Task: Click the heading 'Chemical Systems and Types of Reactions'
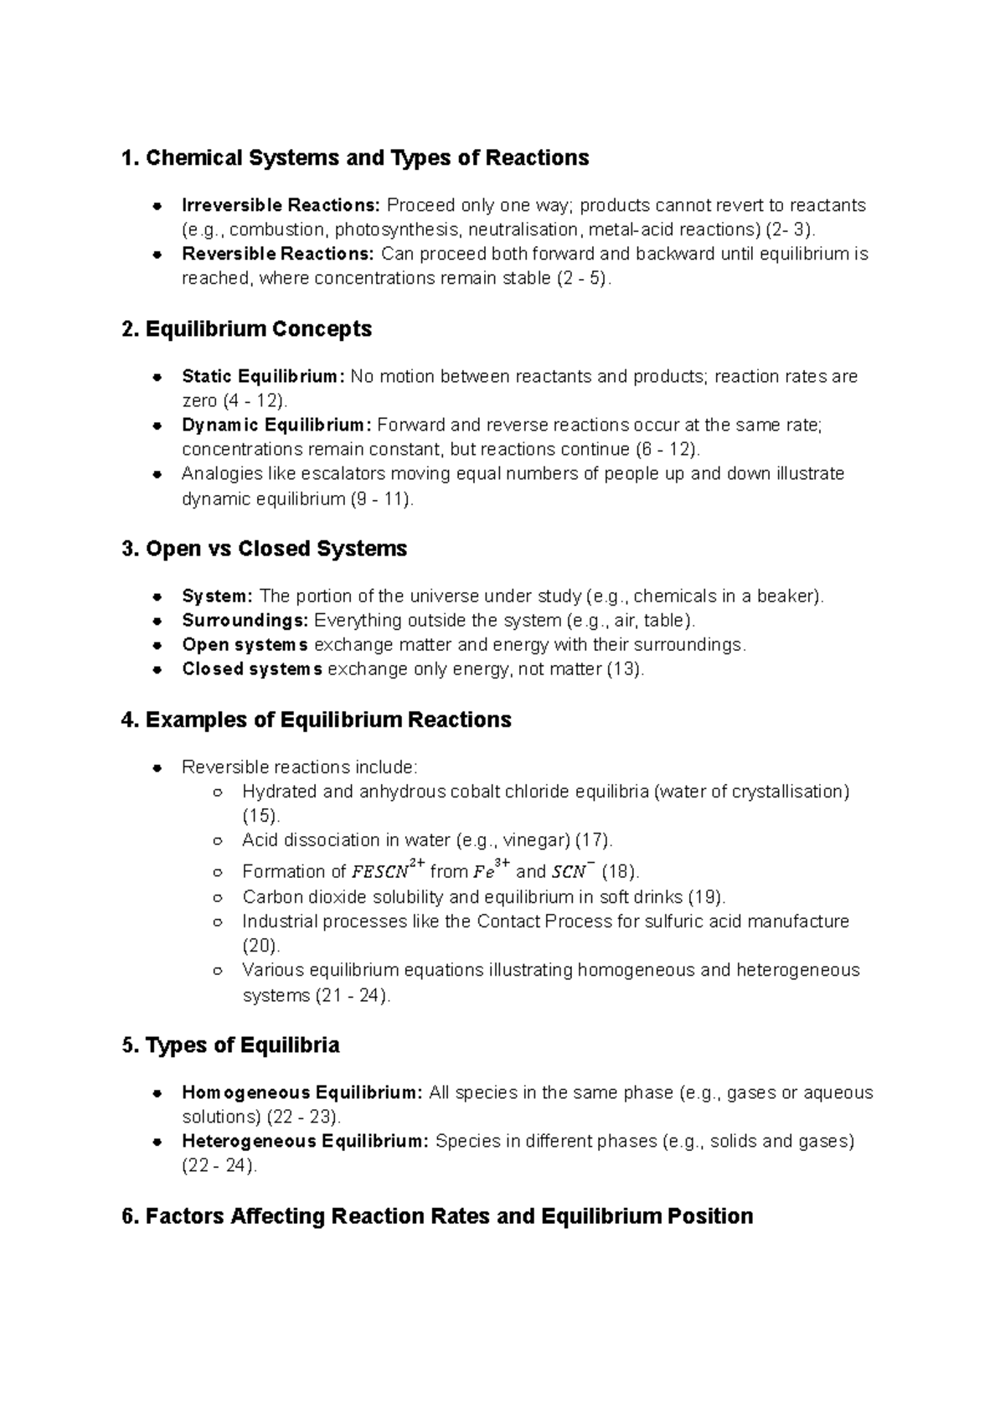[x=367, y=157]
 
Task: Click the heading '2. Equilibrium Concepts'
[x=246, y=328]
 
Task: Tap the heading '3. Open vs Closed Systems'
[x=264, y=549]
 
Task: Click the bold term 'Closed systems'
[x=252, y=669]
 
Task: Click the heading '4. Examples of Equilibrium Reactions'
[x=316, y=720]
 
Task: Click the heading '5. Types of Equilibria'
[x=230, y=1045]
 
